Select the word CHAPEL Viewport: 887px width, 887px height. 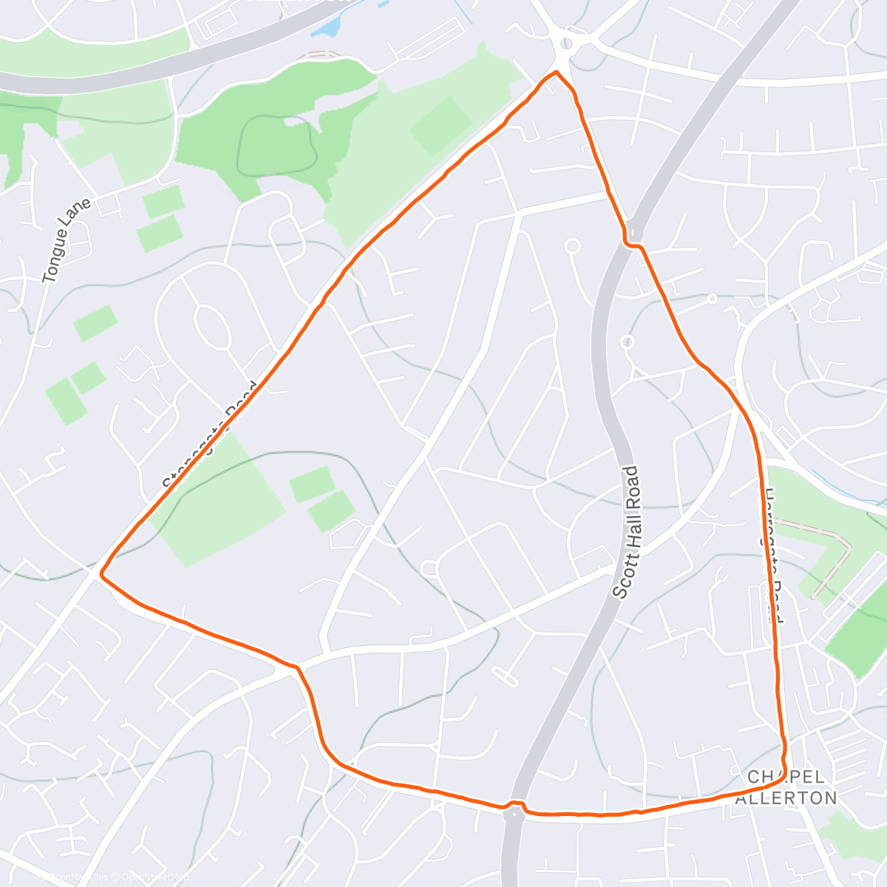pos(785,778)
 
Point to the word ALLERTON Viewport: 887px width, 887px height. pos(786,798)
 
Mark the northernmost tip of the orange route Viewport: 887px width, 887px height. pos(556,72)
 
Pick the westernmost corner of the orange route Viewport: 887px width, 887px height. pos(101,572)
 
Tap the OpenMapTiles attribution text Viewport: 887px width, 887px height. pos(74,877)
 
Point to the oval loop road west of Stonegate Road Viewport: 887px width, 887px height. pos(210,326)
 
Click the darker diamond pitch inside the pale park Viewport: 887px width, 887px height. pos(441,126)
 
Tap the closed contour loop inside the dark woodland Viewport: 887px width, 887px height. pos(277,144)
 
